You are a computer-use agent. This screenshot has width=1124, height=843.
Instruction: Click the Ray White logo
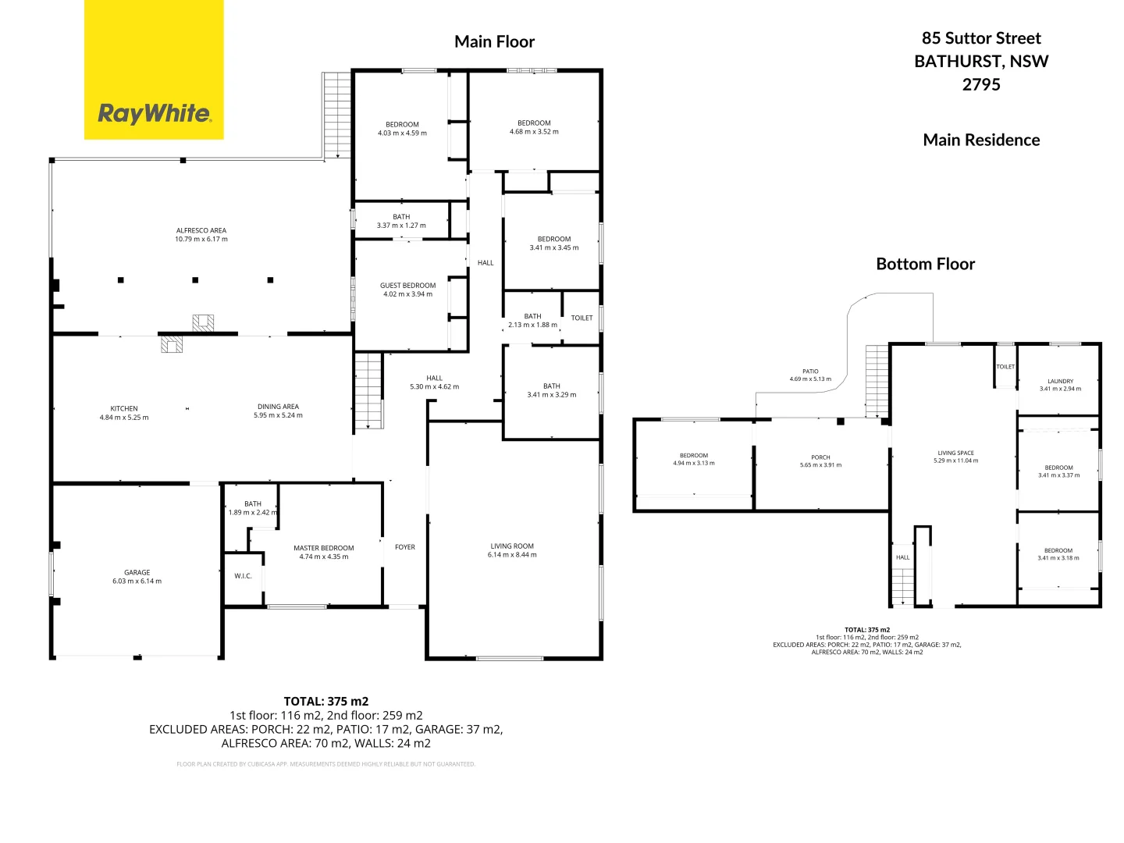154,114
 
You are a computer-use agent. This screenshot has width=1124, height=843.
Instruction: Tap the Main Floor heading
494,42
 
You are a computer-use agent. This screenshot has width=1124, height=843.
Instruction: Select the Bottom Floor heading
925,264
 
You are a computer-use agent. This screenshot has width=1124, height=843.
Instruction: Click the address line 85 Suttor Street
981,38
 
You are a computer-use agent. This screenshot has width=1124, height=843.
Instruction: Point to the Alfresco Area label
201,231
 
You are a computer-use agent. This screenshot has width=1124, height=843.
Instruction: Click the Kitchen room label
124,409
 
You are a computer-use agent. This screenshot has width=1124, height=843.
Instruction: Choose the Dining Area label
278,407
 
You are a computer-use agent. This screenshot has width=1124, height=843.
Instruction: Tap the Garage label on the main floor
137,573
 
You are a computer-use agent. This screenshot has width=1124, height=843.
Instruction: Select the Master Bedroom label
323,548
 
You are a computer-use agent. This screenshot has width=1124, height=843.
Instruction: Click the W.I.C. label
243,576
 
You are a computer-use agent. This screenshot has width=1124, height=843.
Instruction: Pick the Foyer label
405,547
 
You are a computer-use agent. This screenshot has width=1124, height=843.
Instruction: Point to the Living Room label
512,546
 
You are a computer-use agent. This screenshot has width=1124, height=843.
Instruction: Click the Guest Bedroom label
407,286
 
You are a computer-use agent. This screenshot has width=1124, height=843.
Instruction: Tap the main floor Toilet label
582,318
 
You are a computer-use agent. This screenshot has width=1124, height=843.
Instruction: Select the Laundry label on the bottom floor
1060,382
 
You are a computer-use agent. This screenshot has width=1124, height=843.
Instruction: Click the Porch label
820,457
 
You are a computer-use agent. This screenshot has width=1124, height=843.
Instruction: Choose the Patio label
810,372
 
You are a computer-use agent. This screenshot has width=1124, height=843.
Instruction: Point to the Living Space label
955,453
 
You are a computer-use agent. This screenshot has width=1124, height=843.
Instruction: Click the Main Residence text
981,140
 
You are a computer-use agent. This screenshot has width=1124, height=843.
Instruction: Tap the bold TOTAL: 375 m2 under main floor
325,701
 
